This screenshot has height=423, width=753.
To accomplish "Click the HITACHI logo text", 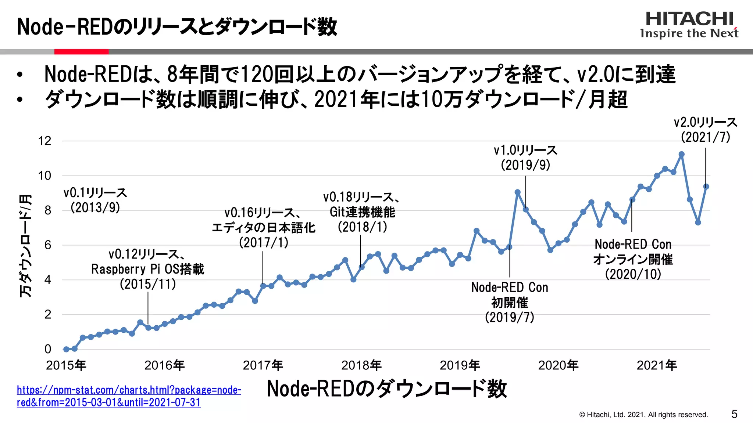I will point(689,19).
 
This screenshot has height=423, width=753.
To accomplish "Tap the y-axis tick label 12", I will point(44,141).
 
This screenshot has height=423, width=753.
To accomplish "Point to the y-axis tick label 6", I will point(47,245).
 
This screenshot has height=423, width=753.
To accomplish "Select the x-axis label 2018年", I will point(361,365).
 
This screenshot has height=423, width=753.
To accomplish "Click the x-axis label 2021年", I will point(657,365).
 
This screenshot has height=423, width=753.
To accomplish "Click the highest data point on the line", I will point(681,155).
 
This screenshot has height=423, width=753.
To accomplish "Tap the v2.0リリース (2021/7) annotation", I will point(705,130).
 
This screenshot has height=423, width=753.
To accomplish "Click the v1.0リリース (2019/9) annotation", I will point(525,158).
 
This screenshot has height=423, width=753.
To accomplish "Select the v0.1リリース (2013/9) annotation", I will point(95,200).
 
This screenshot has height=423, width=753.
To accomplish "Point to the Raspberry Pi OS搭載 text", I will point(147,269).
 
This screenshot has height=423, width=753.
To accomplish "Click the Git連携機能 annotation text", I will point(362,212).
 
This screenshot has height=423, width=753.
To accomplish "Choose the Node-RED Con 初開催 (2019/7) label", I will point(510,302).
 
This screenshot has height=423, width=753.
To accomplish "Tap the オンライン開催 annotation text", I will point(633,259).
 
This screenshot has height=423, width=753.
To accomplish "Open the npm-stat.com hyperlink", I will point(129,396).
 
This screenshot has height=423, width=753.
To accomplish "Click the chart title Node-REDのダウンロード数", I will point(387,389).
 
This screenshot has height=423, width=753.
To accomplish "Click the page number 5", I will point(734,414).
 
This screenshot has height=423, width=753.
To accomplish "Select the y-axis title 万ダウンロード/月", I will point(25,246).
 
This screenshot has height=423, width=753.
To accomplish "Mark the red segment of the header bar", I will point(81,52).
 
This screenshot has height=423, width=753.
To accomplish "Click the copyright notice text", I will point(643,415).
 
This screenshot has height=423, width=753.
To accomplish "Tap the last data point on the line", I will point(706,187).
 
